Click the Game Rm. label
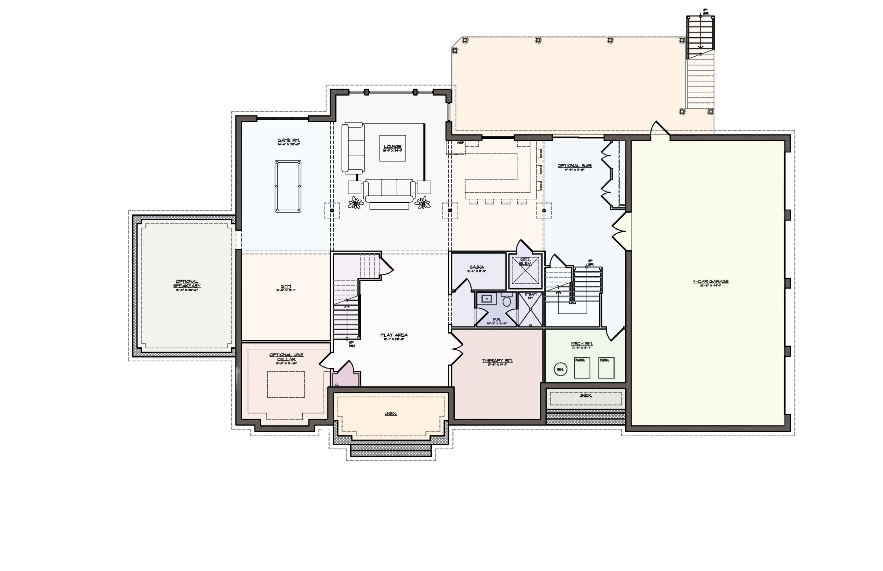(x=289, y=140)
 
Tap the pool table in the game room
(x=288, y=186)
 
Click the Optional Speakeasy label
(x=187, y=284)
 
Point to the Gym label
(x=286, y=286)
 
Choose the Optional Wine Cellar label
(x=286, y=357)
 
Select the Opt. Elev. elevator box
(x=525, y=271)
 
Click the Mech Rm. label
(x=581, y=344)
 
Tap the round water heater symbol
(x=560, y=369)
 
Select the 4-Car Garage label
(x=711, y=281)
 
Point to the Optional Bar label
(x=574, y=166)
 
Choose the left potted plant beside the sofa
(x=356, y=203)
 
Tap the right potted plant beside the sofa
(x=422, y=203)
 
